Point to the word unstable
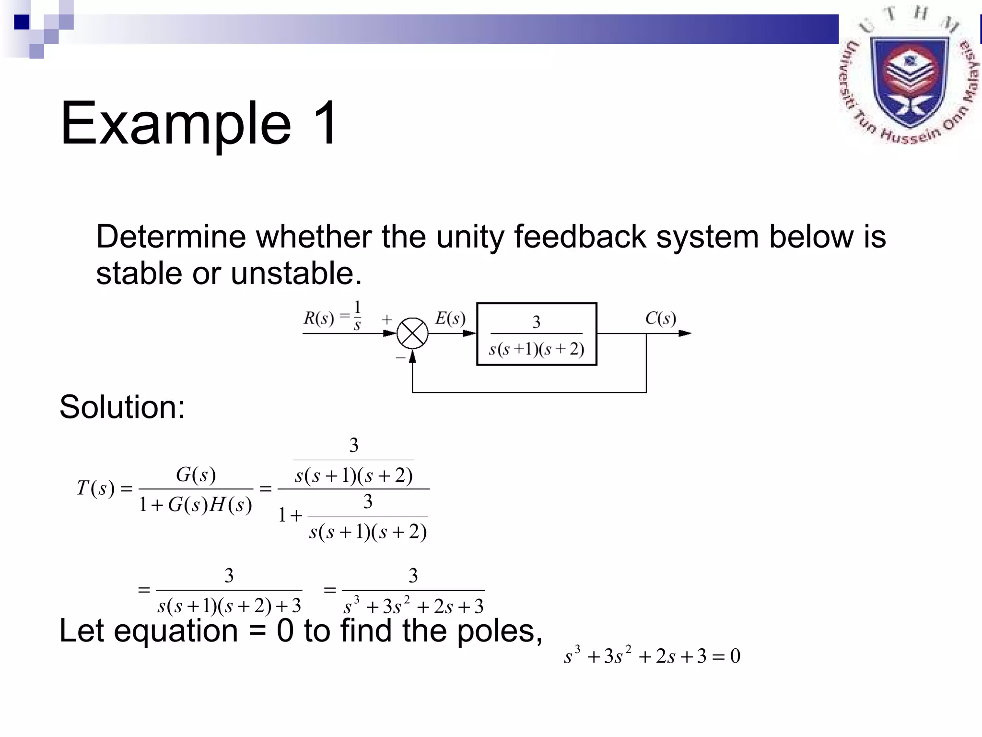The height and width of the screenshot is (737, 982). tap(296, 273)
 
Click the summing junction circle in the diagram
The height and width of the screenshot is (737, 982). tap(412, 333)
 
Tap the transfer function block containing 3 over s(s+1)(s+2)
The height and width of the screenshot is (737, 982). tap(537, 334)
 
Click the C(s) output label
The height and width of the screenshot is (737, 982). tap(660, 318)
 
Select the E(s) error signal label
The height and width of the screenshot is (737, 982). tap(450, 318)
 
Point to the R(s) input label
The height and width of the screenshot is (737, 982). tap(318, 318)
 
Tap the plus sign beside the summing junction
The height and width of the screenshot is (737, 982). tap(387, 319)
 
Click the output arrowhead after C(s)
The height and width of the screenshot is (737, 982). tap(685, 333)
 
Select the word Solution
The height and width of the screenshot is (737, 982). tap(122, 407)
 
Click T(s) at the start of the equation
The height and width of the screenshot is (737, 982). tap(96, 488)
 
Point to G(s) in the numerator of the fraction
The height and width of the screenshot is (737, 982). tap(196, 475)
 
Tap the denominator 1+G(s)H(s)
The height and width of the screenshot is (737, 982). tap(195, 505)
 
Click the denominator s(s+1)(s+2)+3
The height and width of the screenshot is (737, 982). tap(229, 606)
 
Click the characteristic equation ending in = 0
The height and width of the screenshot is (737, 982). tap(652, 656)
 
